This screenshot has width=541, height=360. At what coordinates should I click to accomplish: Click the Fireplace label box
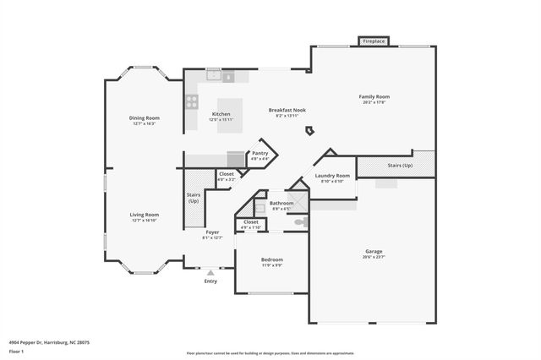coord(374,41)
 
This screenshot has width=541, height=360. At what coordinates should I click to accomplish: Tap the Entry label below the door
coord(210,281)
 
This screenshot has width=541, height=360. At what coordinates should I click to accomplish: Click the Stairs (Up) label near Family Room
coord(400,166)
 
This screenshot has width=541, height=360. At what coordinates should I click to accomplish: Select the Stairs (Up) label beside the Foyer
coord(194,198)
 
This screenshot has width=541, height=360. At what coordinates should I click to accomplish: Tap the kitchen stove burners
coord(192,101)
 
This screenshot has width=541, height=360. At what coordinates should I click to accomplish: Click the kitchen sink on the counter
coord(215,76)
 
